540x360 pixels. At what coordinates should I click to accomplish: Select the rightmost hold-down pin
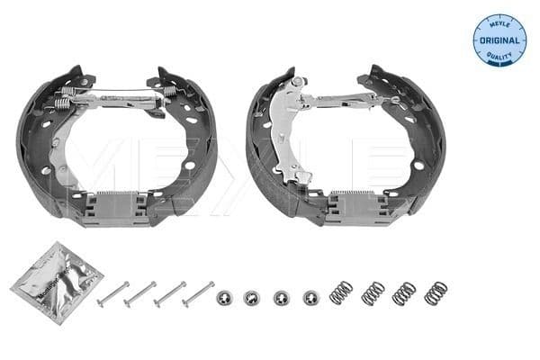[x=198, y=291]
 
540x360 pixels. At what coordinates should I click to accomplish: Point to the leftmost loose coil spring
[x=341, y=292]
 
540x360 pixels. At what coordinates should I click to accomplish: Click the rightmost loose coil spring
[x=435, y=292]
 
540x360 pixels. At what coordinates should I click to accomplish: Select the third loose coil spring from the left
[x=404, y=292]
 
